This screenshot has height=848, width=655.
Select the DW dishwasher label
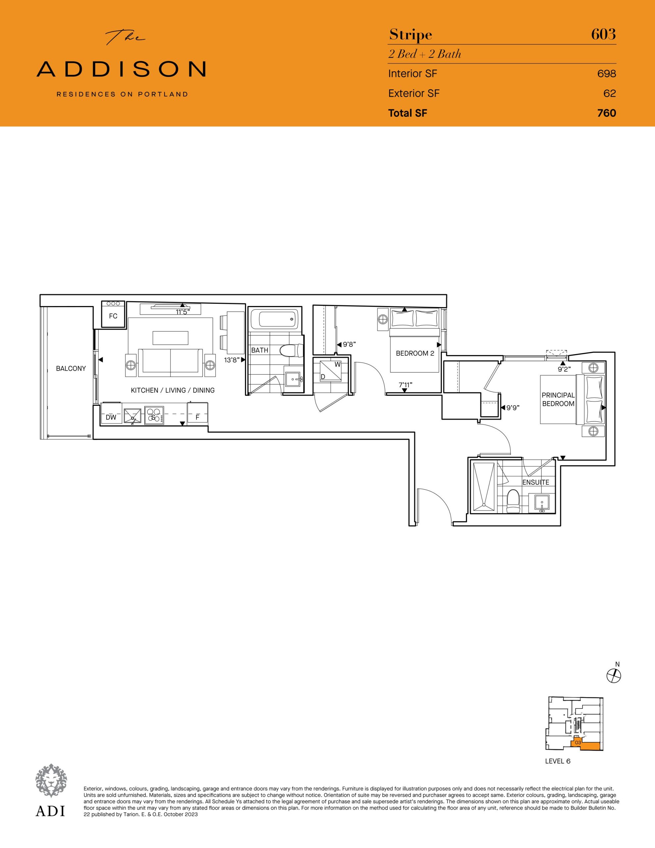(x=111, y=417)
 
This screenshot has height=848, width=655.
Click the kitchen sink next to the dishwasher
(x=132, y=416)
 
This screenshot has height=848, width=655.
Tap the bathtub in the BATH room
(x=274, y=318)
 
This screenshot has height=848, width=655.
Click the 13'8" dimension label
(x=231, y=360)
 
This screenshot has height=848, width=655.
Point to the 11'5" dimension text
(x=182, y=312)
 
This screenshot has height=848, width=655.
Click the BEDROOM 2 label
(x=415, y=353)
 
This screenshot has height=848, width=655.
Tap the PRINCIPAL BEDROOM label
(x=558, y=399)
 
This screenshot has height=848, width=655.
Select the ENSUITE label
(x=535, y=482)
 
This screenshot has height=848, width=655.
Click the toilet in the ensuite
(x=513, y=501)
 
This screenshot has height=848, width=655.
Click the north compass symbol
(x=614, y=676)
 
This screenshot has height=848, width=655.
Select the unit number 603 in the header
(x=603, y=34)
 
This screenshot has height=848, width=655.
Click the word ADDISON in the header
(x=121, y=69)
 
